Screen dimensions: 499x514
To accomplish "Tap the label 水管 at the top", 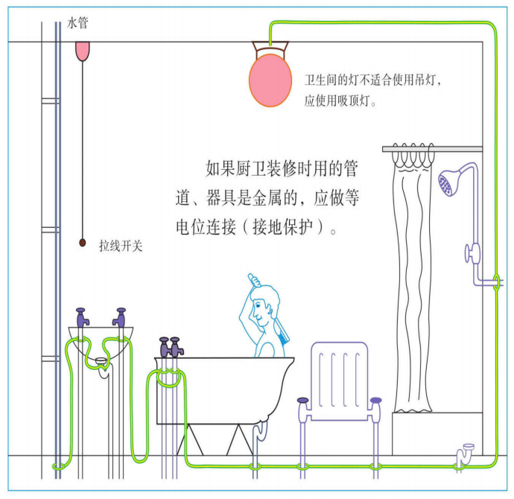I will (77, 24).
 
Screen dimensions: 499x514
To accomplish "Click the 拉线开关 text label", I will (121, 244).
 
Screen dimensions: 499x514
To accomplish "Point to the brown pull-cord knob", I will (82, 242).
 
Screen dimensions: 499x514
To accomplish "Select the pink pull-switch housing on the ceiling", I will (82, 50).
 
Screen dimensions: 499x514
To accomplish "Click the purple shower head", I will (448, 182).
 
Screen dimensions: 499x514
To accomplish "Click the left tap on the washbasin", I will (82, 317).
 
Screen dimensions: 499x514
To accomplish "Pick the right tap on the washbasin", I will (118, 317).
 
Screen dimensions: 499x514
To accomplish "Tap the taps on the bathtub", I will (170, 347).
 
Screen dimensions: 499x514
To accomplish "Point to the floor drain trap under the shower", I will (466, 453).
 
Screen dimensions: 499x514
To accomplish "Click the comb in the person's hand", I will (253, 281).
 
